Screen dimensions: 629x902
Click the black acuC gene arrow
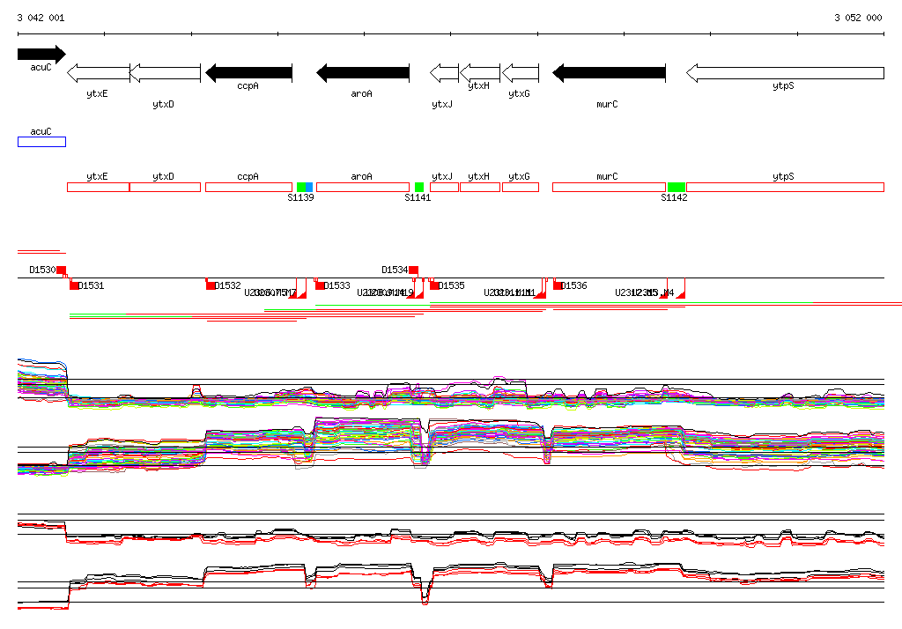(x=41, y=54)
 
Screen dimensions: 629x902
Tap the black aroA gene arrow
(x=362, y=73)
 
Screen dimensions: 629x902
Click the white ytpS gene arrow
(x=784, y=73)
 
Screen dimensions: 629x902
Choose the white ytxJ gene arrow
(x=444, y=73)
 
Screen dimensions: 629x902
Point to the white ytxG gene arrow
(x=520, y=73)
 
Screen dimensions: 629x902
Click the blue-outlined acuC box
(x=41, y=142)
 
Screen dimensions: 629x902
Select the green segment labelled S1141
(x=419, y=187)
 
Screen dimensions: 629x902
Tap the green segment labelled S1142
(x=676, y=187)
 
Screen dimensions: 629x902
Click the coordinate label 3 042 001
(x=41, y=18)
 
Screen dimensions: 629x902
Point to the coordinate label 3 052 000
(x=858, y=18)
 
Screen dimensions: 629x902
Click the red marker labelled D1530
(x=61, y=270)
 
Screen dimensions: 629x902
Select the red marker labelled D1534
(x=413, y=270)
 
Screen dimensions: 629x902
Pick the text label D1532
(x=227, y=285)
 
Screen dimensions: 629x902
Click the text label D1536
(x=573, y=285)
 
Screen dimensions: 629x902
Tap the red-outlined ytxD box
(x=165, y=187)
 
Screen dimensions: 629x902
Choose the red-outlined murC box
(x=608, y=187)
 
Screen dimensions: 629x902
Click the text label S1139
(x=300, y=198)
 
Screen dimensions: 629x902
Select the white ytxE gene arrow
(x=99, y=73)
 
